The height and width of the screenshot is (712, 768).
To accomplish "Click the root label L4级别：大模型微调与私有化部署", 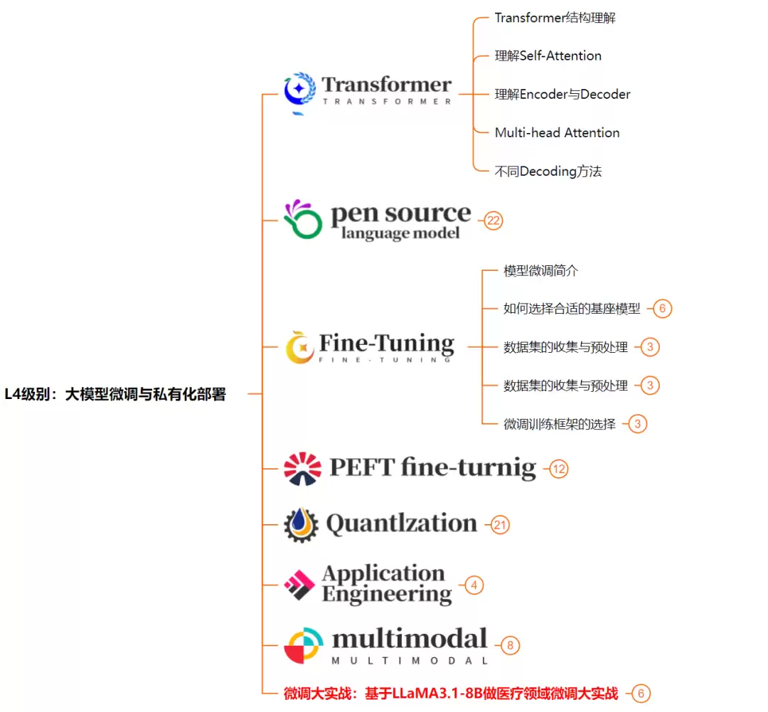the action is pos(115,394).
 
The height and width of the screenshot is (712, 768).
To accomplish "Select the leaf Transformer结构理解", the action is pos(555,18).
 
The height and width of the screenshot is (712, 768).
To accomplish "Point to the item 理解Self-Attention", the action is pos(548,56).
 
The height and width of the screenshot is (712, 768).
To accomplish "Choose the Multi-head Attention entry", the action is pos(557,133).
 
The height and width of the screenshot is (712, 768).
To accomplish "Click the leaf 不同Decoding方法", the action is pos(548,171).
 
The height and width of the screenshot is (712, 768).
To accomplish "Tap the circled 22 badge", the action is pos(494,221).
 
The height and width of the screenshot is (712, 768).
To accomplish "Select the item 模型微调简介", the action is pos(540,270).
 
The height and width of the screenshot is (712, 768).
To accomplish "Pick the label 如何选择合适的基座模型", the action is pos(572,309).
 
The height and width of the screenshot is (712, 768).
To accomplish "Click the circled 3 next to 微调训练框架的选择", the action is pos(637,424).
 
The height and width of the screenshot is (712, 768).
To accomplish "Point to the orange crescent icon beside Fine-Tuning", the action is pos(300,347).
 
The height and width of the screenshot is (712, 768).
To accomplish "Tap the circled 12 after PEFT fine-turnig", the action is pos(559,469).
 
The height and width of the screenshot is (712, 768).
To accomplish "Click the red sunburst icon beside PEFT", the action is pos(303,469).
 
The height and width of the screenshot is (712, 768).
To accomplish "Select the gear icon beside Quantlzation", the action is pos(301,525).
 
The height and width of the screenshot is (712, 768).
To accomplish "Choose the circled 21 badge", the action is pos(500,526).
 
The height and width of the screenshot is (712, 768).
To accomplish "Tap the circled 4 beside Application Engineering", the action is pos(474,585).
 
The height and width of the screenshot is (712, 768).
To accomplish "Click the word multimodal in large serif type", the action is pos(410,639).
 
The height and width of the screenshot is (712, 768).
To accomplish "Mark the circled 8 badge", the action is pos(510,645).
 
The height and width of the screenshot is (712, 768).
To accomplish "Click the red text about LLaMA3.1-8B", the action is pos(451,694).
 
